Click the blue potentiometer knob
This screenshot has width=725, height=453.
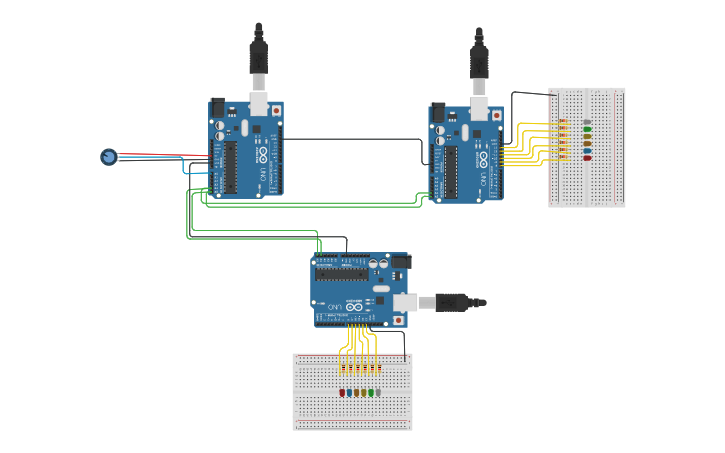[108, 156]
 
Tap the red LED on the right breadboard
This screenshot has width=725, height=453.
[587, 158]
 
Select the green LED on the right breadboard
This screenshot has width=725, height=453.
[587, 129]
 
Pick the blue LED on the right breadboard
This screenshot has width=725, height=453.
[587, 151]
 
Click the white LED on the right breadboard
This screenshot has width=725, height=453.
[587, 122]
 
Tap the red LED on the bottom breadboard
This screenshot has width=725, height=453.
[342, 393]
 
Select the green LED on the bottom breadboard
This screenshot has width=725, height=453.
[371, 393]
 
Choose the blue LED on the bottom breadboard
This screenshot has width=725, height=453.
[349, 393]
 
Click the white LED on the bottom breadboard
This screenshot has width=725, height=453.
[378, 393]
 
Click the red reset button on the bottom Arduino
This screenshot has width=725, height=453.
[399, 320]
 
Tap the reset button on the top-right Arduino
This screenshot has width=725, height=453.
[497, 115]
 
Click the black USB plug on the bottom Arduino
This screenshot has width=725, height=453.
[459, 301]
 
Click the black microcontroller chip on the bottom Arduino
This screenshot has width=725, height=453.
[341, 274]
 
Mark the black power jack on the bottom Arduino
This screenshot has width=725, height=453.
[399, 262]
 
